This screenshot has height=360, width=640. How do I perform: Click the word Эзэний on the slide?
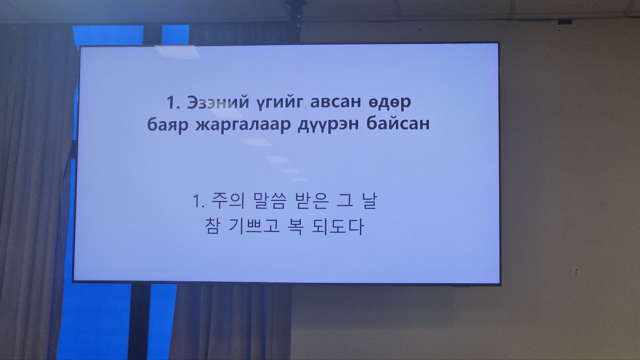tap(218, 102)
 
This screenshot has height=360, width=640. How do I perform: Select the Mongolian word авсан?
tap(335, 102)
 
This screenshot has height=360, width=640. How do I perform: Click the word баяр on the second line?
tap(167, 124)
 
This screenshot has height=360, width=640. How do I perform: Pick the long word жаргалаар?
tap(243, 125)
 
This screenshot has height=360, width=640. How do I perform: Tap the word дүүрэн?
tap(328, 125)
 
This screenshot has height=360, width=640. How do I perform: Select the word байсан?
tap(397, 124)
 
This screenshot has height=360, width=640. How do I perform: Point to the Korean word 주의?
tap(227, 200)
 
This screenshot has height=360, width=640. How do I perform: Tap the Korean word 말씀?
tap(269, 200)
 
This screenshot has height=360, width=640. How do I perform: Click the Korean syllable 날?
tap(369, 200)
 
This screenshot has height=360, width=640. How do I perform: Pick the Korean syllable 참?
tap(212, 226)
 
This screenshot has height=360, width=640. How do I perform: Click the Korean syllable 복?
tap(295, 227)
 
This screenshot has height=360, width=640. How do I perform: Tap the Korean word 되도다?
tap(338, 227)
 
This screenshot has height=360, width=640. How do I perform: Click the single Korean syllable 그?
tap(345, 200)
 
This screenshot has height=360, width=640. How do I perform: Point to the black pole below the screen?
tap(139, 321)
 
